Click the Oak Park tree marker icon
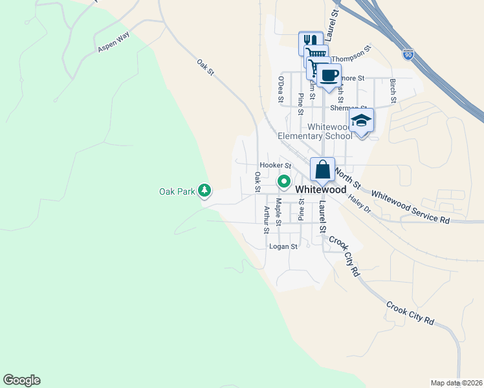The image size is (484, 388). pos(204,191)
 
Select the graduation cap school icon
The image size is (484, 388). pos(361,121)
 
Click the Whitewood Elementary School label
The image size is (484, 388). pos(315,131)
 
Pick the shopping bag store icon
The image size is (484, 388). pos(322,170)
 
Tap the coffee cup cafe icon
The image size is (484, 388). pos(329,76)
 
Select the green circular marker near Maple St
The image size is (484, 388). pos(283,182)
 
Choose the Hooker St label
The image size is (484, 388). pos(271,166)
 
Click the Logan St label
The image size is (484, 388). pos(283,246)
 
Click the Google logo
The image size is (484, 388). pos(21,380)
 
